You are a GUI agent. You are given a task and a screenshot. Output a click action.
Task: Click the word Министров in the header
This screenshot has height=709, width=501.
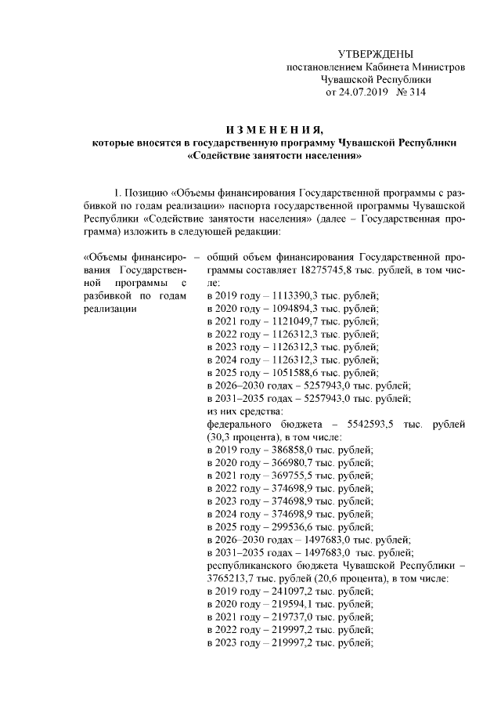(x=440, y=67)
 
